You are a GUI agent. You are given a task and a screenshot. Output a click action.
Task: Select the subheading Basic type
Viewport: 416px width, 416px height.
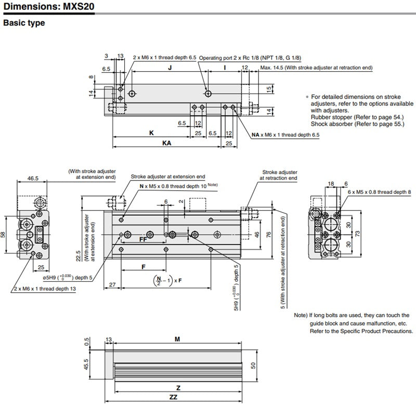coord(24,23)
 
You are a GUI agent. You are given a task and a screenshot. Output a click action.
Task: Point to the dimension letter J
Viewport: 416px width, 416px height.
coord(170,68)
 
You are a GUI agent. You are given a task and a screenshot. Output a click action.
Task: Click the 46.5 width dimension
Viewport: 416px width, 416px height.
coord(33,178)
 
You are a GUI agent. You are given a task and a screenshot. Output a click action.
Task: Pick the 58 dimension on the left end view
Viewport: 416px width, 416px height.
coord(4,235)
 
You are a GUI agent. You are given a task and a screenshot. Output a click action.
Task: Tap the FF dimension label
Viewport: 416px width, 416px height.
coord(143,240)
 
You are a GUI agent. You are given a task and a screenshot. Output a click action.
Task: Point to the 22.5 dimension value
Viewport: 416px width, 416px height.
coord(77,256)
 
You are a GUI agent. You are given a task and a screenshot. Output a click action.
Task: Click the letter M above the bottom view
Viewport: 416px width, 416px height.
coord(177,339)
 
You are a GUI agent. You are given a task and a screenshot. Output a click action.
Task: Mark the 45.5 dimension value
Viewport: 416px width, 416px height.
coord(86,365)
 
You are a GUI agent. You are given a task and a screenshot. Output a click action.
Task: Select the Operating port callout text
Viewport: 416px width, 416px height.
coord(250,58)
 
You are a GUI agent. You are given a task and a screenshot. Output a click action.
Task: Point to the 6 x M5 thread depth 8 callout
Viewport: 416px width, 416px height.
coord(379,192)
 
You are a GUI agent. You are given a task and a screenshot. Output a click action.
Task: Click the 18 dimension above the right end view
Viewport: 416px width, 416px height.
coord(331,184)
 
